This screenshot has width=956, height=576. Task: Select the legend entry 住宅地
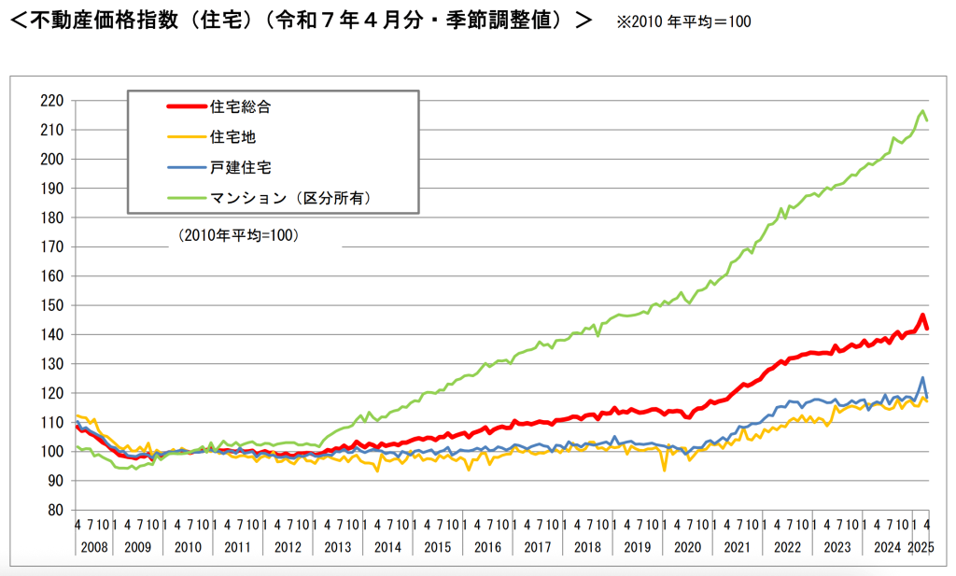tap(233, 137)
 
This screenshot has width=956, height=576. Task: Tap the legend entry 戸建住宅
tap(241, 167)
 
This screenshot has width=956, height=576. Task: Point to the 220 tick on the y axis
tap(52, 100)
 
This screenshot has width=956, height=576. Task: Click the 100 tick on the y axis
tap(52, 451)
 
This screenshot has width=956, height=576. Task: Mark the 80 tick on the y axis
tap(56, 510)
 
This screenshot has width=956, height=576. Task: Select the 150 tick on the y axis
tap(52, 305)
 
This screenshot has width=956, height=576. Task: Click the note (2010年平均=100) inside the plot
tap(237, 236)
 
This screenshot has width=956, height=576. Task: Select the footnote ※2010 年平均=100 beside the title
tap(683, 21)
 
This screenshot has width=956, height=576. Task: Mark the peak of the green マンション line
tap(922, 111)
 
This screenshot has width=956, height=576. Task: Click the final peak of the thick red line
tap(922, 316)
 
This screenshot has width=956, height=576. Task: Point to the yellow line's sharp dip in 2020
tap(665, 470)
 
